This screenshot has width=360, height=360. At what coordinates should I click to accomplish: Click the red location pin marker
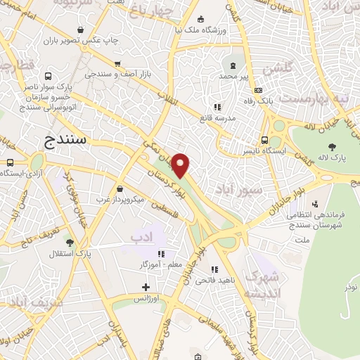[181, 165]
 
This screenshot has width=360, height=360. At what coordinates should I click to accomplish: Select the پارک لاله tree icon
[332, 146]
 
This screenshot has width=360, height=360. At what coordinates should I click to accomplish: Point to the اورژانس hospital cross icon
[146, 287]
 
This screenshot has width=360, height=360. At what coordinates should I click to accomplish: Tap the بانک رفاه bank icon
[258, 90]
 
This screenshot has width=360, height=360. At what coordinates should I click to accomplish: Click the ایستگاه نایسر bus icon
[264, 140]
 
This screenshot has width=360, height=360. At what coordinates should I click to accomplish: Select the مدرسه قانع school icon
[217, 107]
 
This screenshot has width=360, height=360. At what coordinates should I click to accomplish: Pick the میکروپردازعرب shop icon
[121, 189]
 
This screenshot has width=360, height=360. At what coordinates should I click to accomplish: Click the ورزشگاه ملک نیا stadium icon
[202, 19]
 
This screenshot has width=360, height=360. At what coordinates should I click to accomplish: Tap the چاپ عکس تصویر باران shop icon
[82, 30]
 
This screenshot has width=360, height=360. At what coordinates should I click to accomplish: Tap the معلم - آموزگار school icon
[161, 254]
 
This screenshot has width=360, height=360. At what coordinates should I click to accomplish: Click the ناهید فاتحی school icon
[215, 269]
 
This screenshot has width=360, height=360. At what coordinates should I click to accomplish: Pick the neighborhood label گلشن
[276, 70]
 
